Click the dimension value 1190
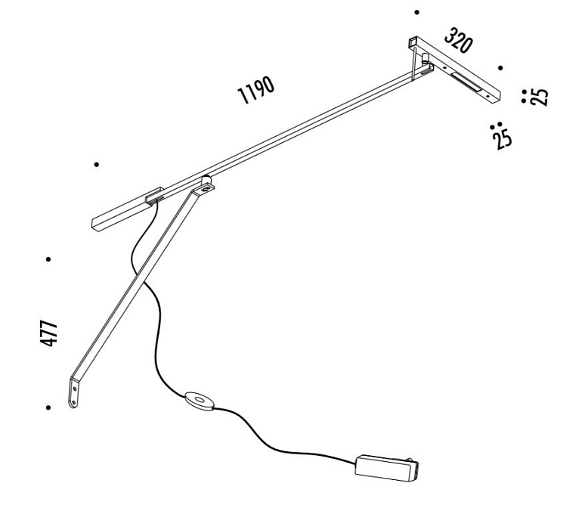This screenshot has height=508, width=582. click(256, 89)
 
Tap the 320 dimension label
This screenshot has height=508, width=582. click(459, 40)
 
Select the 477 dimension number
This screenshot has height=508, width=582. click(49, 333)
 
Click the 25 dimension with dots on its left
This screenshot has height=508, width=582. click(539, 97)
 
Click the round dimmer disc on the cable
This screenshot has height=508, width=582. click(199, 401)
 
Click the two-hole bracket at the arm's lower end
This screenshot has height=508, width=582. click(74, 392)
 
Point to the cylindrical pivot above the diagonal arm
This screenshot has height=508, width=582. click(206, 181)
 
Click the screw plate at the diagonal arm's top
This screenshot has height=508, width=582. click(204, 190)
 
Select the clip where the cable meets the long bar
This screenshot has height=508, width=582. click(155, 195)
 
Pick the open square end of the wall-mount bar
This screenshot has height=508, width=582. click(412, 42)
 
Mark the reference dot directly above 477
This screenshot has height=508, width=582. click(48, 259)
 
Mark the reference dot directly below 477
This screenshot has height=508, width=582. click(48, 407)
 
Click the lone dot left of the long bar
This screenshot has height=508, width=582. click(97, 164)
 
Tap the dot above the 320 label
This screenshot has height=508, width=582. click(416, 12)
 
